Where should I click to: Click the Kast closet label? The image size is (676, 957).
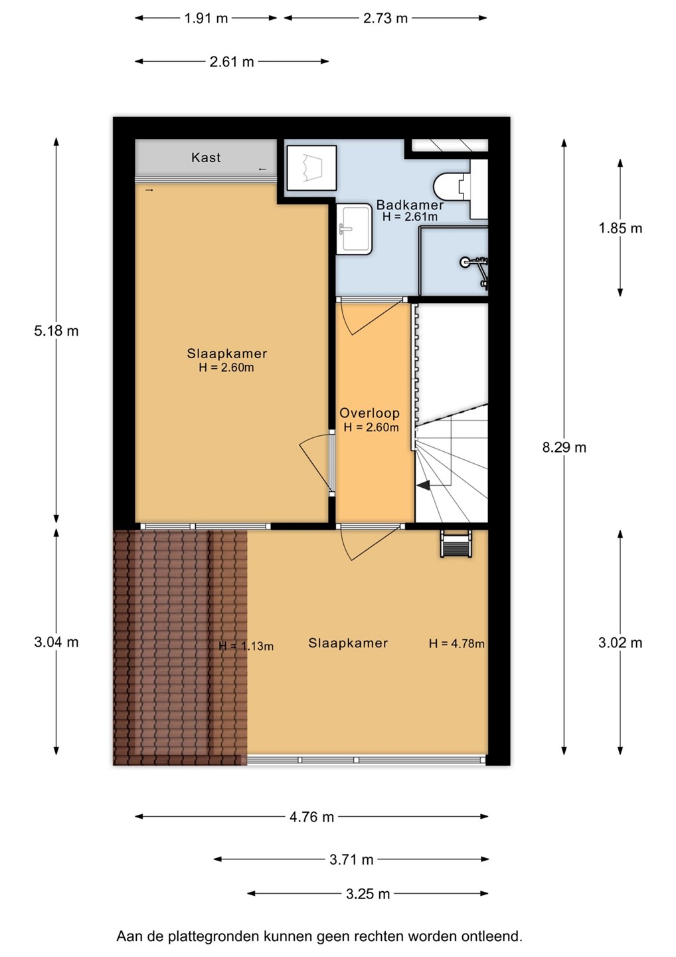click(206, 158)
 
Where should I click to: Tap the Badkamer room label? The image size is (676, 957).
click(410, 205)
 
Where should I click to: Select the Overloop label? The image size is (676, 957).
click(370, 413)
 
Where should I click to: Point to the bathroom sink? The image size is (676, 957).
click(354, 229)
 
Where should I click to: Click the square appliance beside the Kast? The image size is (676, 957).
click(311, 168)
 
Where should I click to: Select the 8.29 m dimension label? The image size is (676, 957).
click(564, 448)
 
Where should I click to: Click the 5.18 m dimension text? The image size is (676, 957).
click(56, 331)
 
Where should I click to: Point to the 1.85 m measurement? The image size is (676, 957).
click(620, 228)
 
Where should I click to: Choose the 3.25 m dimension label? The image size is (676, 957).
click(368, 894)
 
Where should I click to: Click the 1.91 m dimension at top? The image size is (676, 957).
click(206, 19)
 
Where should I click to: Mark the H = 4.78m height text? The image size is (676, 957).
click(457, 643)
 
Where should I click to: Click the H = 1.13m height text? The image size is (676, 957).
click(246, 646)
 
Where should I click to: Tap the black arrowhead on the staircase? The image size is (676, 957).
click(424, 485)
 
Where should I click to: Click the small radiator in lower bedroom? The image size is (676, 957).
click(456, 544)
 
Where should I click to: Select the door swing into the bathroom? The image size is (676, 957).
click(370, 316)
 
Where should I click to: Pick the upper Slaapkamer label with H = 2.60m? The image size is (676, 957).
click(227, 360)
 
